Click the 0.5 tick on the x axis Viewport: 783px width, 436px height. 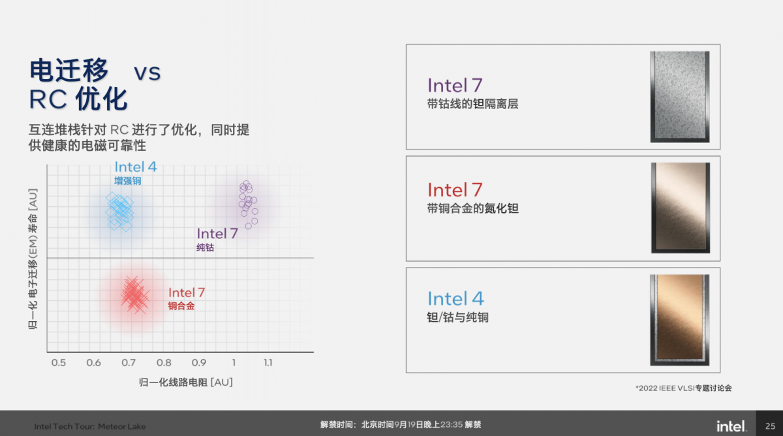point(58,363)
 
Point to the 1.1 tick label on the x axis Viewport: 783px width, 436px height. point(268,363)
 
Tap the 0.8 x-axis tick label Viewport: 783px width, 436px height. point(164,363)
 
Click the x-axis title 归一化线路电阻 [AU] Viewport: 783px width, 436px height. point(186,382)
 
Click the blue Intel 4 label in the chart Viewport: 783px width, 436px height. point(136,167)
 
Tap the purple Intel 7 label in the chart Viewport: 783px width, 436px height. point(217,234)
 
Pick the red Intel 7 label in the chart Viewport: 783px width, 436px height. point(187,292)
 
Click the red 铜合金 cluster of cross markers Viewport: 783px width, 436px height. point(134,294)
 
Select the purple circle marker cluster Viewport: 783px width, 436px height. point(247,202)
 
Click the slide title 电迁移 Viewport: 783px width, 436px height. point(69,70)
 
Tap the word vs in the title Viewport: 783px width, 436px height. point(147,72)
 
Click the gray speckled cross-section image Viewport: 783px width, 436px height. point(679,97)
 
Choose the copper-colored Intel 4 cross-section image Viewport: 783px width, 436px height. point(680,320)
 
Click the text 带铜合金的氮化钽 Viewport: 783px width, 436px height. point(473,209)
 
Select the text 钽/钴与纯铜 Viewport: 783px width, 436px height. point(457,318)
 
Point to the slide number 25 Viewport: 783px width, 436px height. point(770,426)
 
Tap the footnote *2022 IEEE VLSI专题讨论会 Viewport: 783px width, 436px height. point(683,388)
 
